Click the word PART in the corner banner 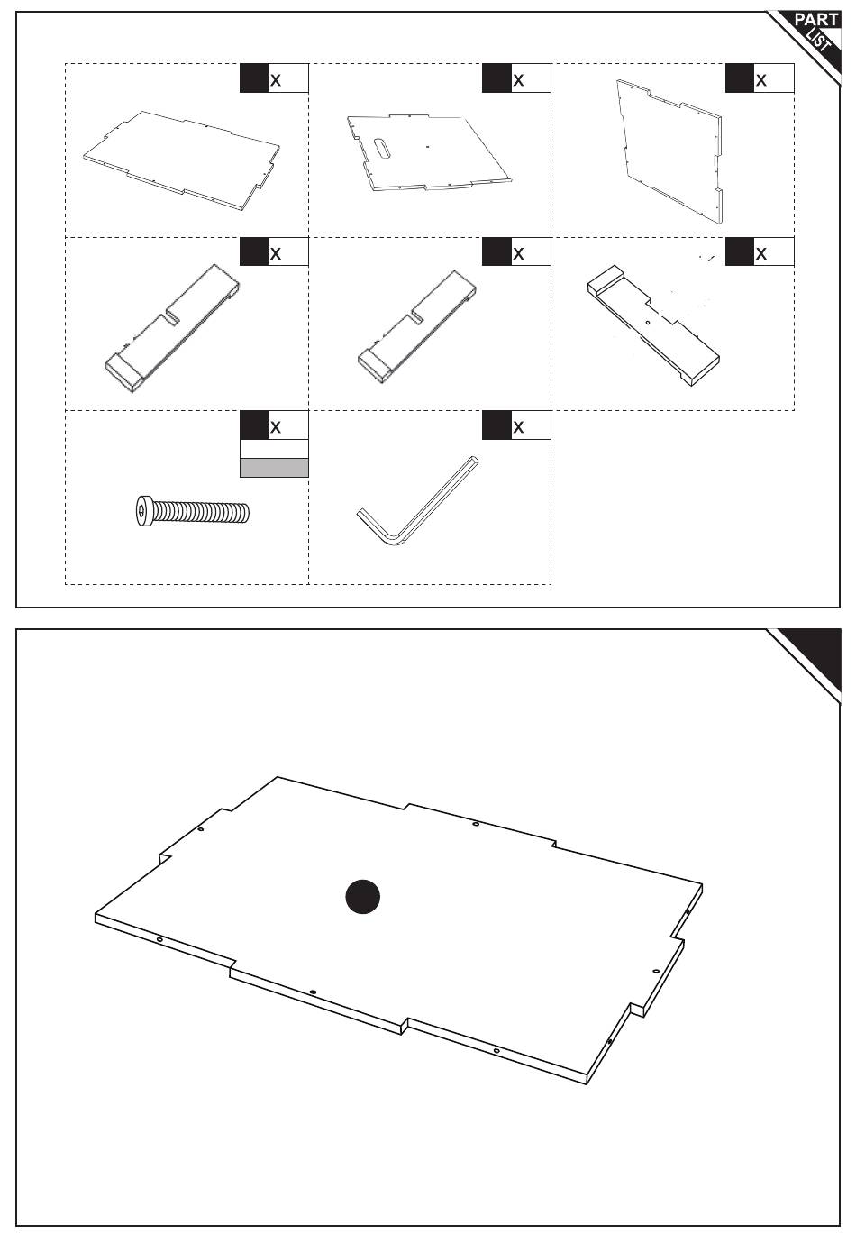[x=815, y=20]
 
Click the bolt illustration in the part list [x=192, y=511]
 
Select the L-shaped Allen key [x=417, y=501]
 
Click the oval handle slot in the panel [x=382, y=150]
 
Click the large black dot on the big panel [x=362, y=896]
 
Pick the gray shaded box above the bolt [x=274, y=468]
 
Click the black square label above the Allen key [x=496, y=425]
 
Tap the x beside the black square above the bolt [x=276, y=427]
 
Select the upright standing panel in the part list [x=669, y=151]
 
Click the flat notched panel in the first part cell [x=181, y=160]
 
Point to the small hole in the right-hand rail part [x=648, y=323]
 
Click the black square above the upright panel [x=739, y=78]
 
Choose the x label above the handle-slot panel [x=518, y=80]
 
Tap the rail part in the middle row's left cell [x=172, y=328]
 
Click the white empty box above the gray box [x=274, y=449]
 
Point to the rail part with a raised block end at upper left [x=653, y=325]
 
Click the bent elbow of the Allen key [x=394, y=540]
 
